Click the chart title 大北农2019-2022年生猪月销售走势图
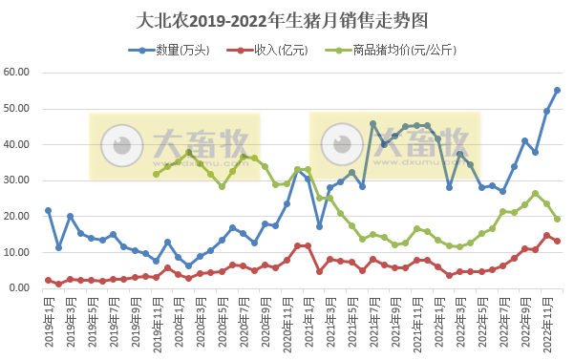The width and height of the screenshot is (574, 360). pos(287,19)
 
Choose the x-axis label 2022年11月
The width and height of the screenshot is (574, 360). pos(546,322)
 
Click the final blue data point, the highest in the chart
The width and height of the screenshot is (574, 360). pos(558,91)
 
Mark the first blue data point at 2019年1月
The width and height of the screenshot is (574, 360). pos(48,210)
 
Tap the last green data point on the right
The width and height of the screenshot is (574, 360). pos(558,219)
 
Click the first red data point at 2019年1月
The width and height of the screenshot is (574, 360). pos(48,280)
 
